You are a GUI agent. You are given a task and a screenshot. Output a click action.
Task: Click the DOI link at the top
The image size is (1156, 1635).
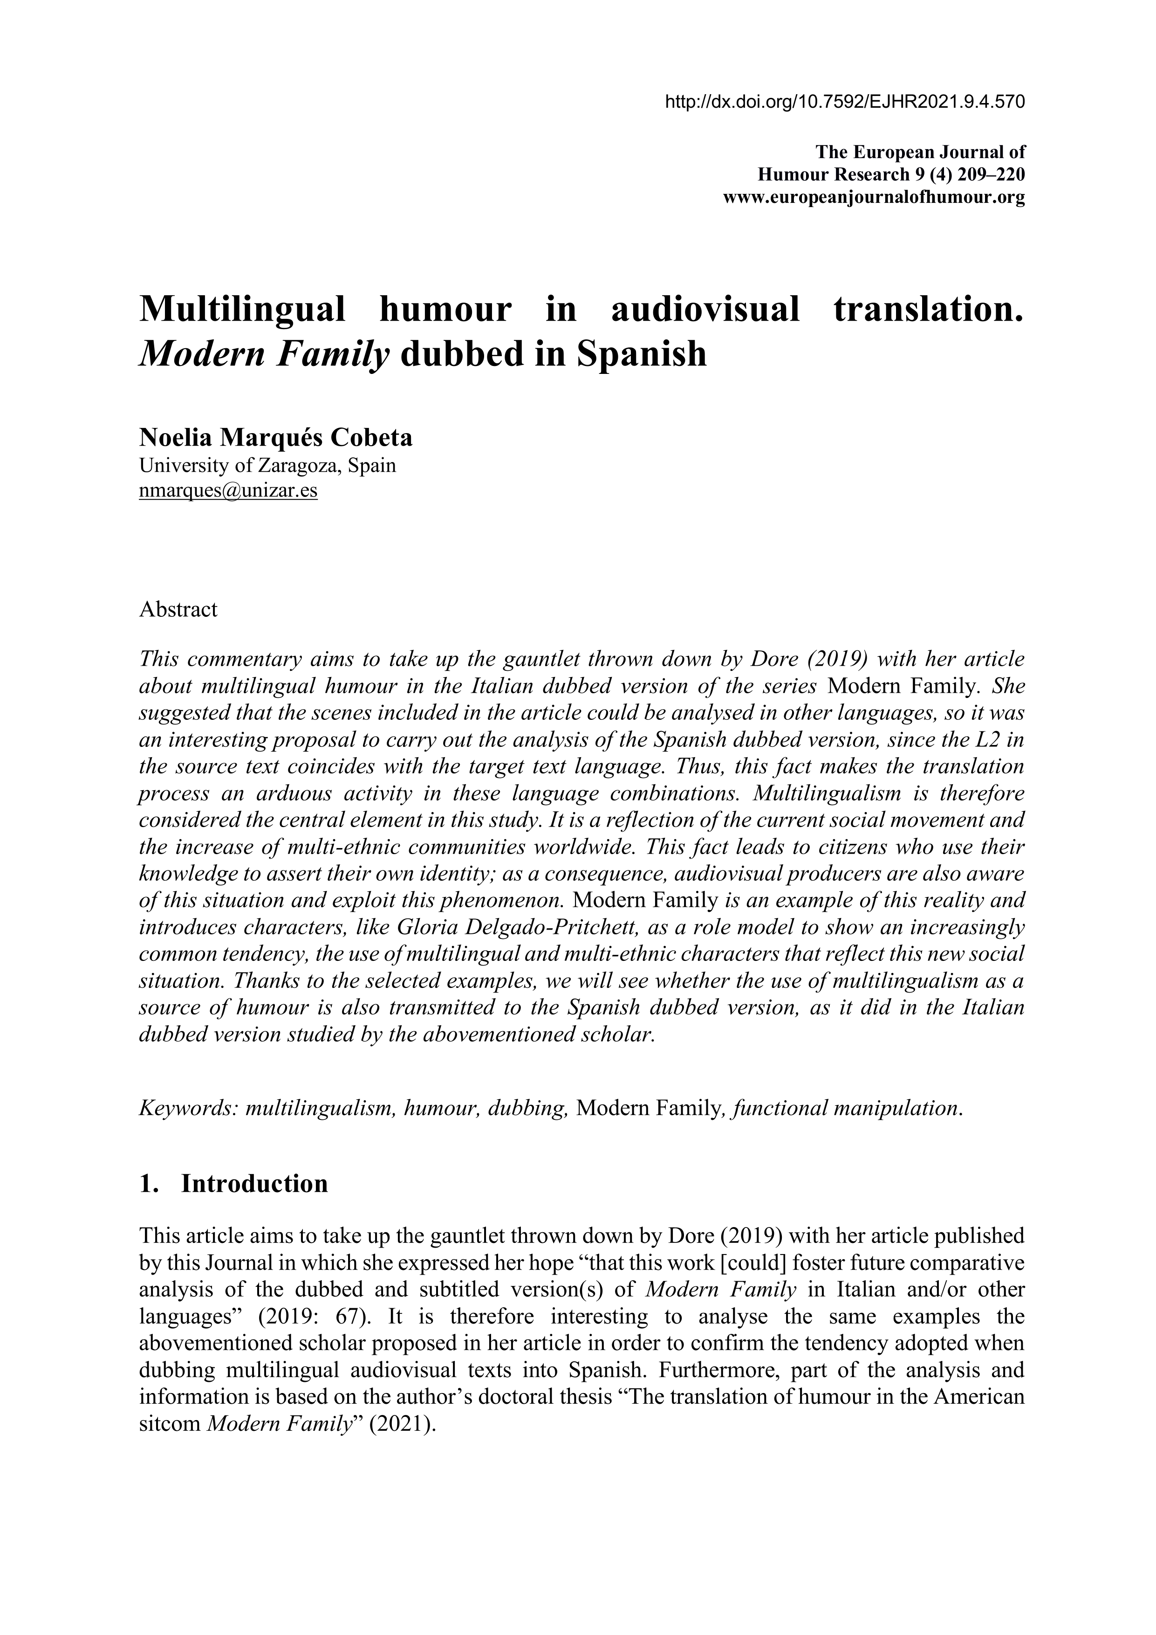point(844,102)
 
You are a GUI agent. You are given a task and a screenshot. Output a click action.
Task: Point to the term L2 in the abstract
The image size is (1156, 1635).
point(992,740)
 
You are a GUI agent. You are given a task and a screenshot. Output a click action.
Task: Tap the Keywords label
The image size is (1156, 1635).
point(188,1108)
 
